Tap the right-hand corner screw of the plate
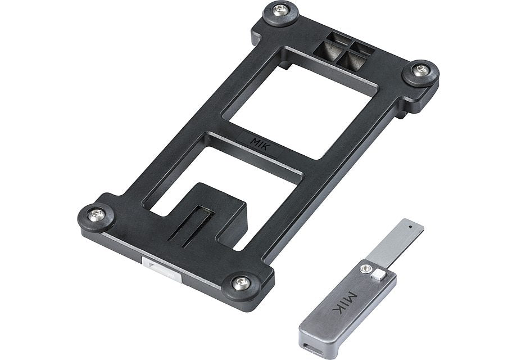click(x=420, y=69)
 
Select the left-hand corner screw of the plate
click(x=96, y=215)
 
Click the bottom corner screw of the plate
click(x=241, y=283)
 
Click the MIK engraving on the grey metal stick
click(x=345, y=303)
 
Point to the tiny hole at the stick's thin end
click(x=410, y=227)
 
